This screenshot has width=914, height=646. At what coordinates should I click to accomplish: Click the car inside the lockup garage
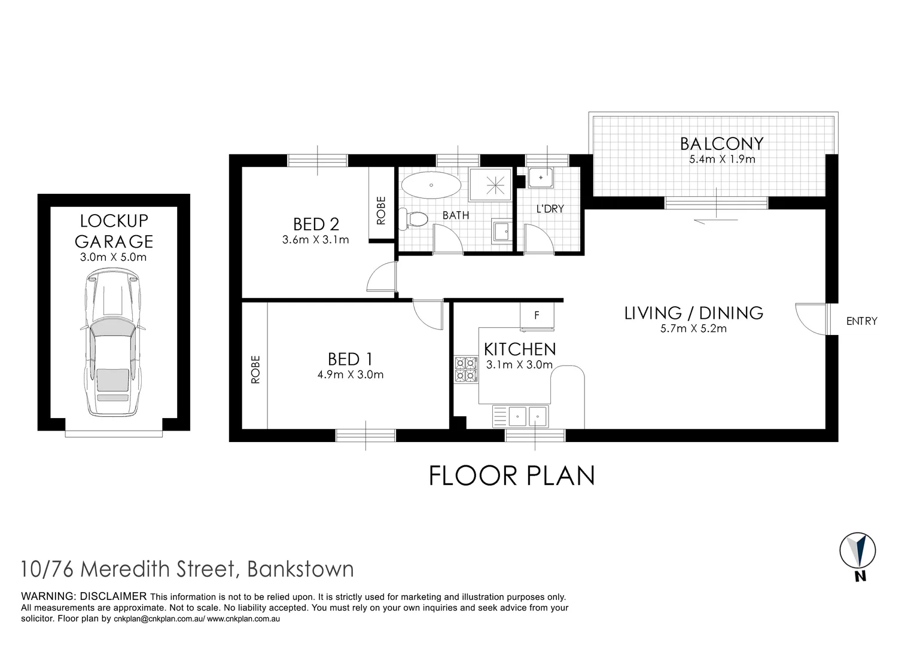pyautogui.click(x=113, y=344)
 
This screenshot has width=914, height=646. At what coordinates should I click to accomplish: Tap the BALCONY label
pyautogui.click(x=721, y=144)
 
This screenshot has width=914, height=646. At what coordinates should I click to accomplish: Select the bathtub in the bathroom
pyautogui.click(x=431, y=185)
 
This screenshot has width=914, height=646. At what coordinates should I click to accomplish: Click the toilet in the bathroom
pyautogui.click(x=413, y=218)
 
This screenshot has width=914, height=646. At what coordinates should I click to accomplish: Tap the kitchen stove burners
pyautogui.click(x=465, y=369)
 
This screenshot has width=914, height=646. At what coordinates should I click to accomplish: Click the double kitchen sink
pyautogui.click(x=520, y=416)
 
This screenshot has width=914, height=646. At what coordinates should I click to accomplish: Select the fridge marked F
pyautogui.click(x=537, y=315)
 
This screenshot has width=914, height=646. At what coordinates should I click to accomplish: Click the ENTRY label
pyautogui.click(x=861, y=321)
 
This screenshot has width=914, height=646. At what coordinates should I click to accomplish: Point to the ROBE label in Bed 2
pyautogui.click(x=381, y=211)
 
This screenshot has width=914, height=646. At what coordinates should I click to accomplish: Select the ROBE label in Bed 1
pyautogui.click(x=255, y=369)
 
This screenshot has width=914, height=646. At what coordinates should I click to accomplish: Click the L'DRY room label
pyautogui.click(x=550, y=209)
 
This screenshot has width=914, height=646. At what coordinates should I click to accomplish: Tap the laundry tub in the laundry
pyautogui.click(x=541, y=178)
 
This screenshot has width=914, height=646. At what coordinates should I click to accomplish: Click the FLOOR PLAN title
pyautogui.click(x=512, y=476)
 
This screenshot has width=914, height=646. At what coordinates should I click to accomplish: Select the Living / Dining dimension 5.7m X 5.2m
pyautogui.click(x=693, y=328)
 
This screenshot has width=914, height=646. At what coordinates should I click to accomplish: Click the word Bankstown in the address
pyautogui.click(x=300, y=569)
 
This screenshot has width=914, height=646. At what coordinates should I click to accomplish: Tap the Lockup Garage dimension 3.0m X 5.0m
pyautogui.click(x=114, y=258)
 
